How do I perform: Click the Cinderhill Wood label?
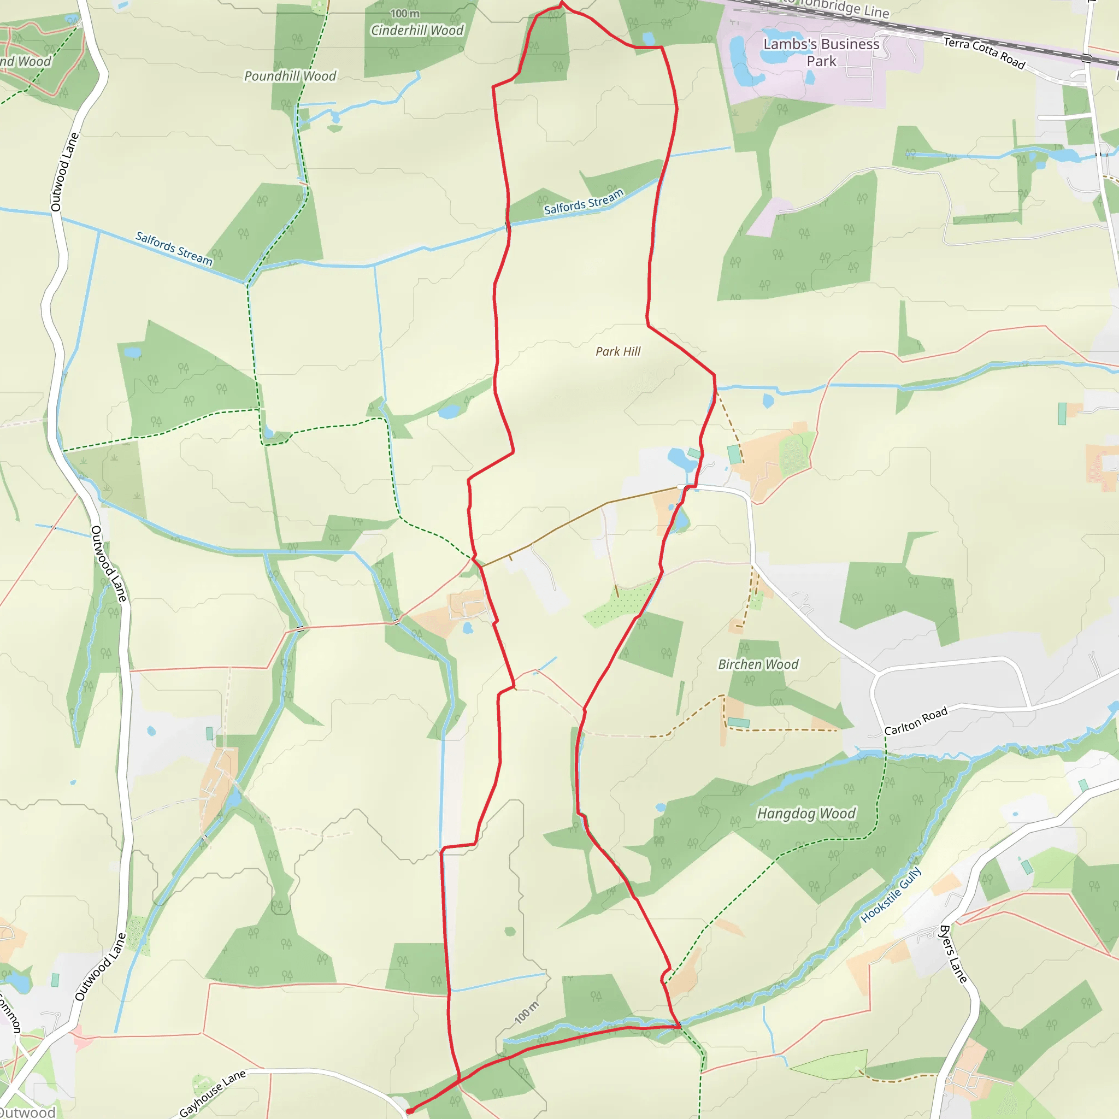[417, 30]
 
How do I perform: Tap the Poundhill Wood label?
[290, 76]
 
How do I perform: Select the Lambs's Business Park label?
[821, 52]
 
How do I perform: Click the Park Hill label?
[618, 351]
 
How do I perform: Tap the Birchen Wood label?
[758, 664]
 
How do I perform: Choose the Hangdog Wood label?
[806, 814]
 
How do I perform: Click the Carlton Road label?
[916, 721]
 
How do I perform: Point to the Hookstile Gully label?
[890, 895]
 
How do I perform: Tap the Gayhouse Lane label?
[212, 1093]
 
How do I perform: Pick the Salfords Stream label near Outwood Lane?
[174, 249]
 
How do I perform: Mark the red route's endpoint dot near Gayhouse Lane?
[409, 1111]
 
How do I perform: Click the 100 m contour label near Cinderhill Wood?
[404, 13]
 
